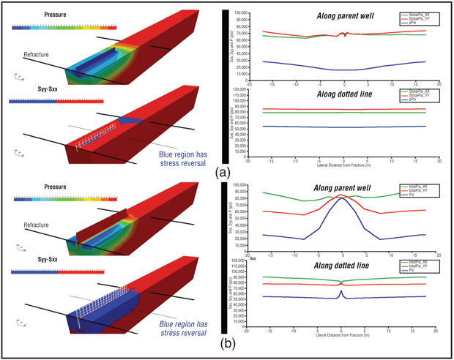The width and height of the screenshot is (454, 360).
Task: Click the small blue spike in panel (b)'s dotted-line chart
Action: pos(341,291)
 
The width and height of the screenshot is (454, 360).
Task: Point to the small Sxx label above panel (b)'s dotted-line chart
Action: pos(252,258)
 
